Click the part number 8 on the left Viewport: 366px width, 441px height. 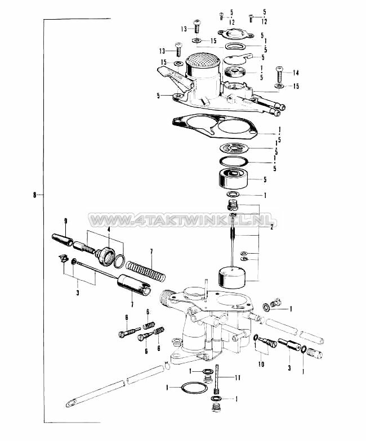[x=34, y=195]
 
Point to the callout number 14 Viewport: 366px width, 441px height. [x=296, y=73]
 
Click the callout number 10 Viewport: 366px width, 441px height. [x=261, y=364]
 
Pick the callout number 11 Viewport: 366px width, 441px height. [x=238, y=377]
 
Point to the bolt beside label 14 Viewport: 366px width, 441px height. [x=279, y=73]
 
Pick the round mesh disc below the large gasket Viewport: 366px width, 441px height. [x=234, y=149]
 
